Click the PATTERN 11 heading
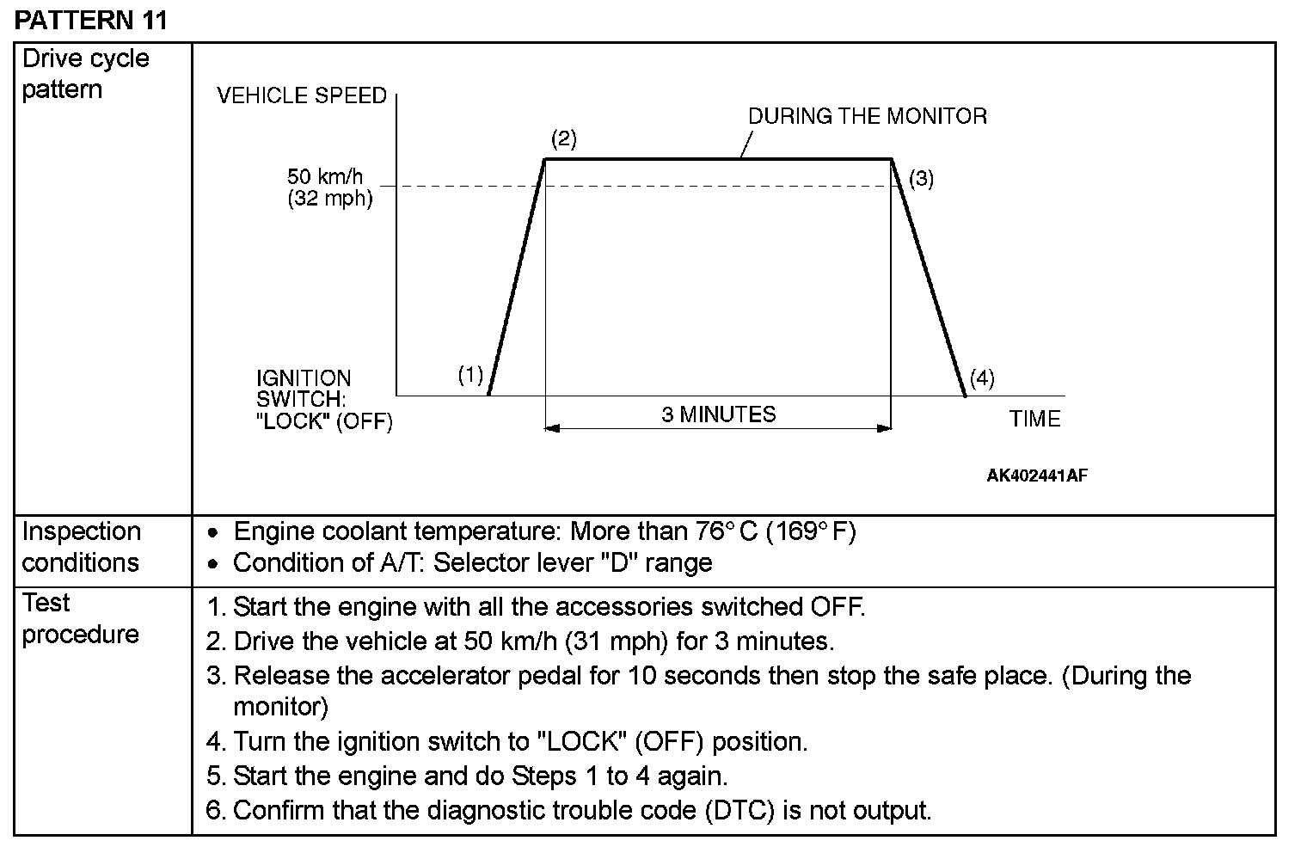click(x=91, y=21)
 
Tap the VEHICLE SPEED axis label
click(x=302, y=95)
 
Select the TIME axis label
click(x=1034, y=419)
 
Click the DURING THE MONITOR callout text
click(x=867, y=116)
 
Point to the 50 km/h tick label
click(x=325, y=177)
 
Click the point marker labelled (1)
click(x=470, y=375)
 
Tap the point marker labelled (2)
click(x=563, y=138)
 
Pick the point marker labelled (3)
click(x=921, y=179)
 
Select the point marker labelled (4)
click(x=982, y=378)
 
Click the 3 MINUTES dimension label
click(x=718, y=414)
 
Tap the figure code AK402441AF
click(x=1037, y=476)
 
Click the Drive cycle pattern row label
click(x=85, y=74)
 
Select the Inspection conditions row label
click(x=81, y=547)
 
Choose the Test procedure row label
click(x=80, y=618)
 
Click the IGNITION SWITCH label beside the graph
click(x=323, y=400)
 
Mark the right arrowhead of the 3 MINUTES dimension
click(x=884, y=427)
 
